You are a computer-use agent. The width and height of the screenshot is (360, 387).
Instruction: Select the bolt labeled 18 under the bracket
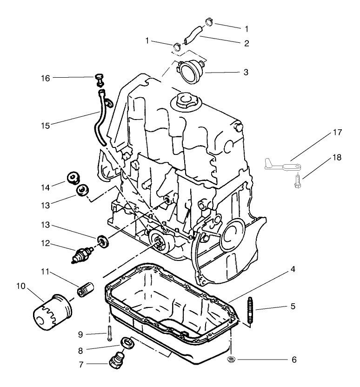(x=297, y=181)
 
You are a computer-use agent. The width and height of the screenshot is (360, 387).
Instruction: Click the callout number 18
(x=337, y=157)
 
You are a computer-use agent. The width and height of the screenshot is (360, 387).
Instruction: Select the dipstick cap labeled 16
(x=99, y=79)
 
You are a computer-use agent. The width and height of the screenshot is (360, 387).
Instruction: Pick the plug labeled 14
(x=73, y=178)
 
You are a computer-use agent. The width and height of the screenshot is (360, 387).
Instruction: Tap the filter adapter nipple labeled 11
(x=86, y=288)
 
